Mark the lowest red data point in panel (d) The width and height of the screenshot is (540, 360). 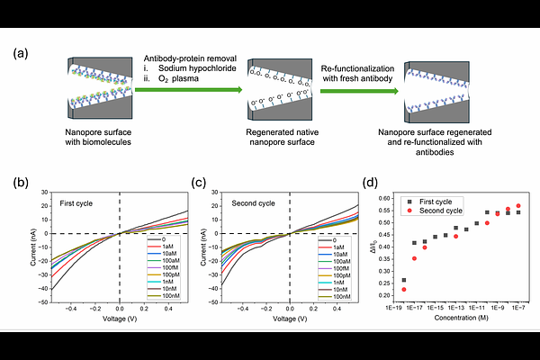click(404, 289)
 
